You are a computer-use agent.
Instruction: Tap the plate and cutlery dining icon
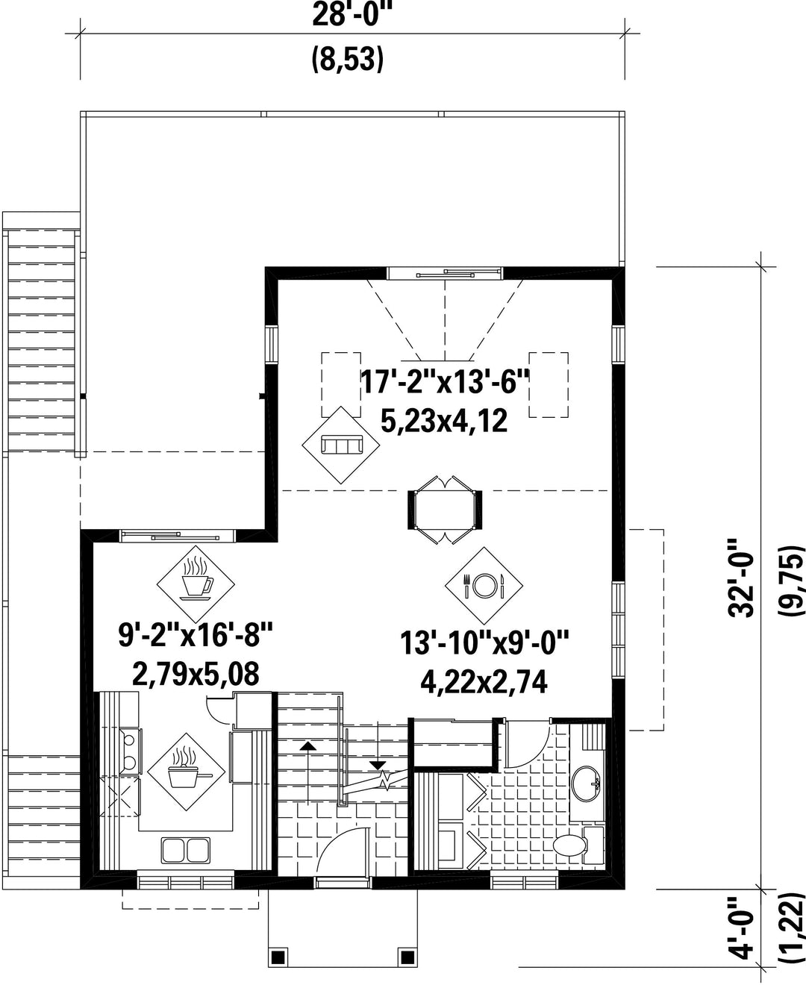tap(484, 585)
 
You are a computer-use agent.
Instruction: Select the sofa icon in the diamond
tap(341, 445)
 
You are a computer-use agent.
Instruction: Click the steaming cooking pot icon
tap(187, 772)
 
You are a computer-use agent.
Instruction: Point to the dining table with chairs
tap(445, 510)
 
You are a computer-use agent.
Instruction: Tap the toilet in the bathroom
tap(578, 845)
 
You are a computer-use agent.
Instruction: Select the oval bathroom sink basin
tap(587, 783)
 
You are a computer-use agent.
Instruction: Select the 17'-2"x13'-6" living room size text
tap(446, 382)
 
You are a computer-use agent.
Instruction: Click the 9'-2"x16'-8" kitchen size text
tap(196, 637)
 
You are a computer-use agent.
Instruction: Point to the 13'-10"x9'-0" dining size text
tap(484, 643)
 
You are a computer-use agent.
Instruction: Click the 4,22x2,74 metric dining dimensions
tap(484, 683)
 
